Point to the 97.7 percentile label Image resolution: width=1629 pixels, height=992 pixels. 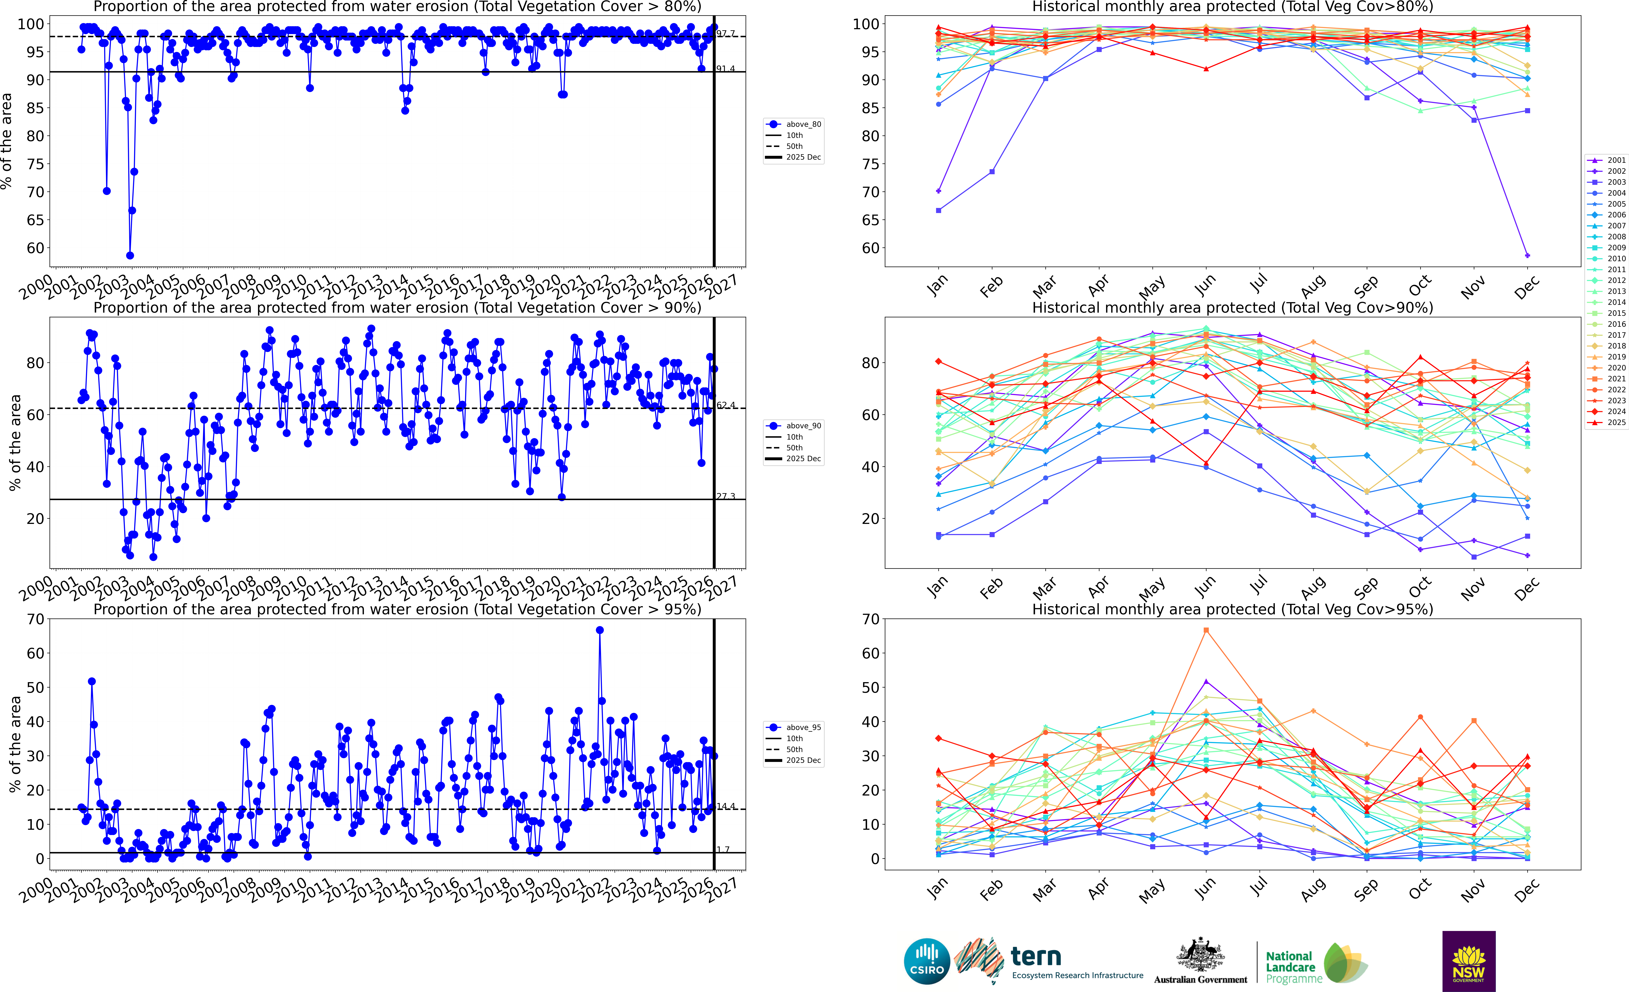[725, 33]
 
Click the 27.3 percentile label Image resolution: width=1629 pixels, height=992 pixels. [725, 496]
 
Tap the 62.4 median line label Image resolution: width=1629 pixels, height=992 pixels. [725, 405]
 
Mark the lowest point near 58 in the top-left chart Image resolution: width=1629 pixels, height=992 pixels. [130, 255]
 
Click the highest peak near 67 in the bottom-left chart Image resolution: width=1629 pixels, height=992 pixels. [600, 630]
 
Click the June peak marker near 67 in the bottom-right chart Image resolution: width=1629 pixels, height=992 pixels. [1206, 630]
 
